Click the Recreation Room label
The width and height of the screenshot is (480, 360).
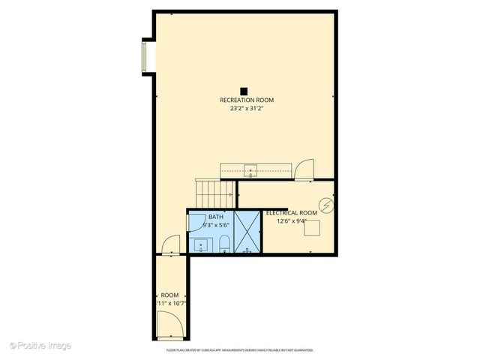246,100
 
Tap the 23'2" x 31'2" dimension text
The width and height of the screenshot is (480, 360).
246,109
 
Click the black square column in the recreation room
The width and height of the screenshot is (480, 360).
244,91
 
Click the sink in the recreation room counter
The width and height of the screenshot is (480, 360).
250,169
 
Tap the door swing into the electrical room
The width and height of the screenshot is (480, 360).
304,170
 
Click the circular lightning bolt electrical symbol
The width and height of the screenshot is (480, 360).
325,205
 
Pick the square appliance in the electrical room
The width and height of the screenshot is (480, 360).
308,229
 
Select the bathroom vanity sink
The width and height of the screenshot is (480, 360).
200,244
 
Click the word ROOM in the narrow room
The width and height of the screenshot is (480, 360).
169,295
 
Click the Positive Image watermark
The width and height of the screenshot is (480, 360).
40,345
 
